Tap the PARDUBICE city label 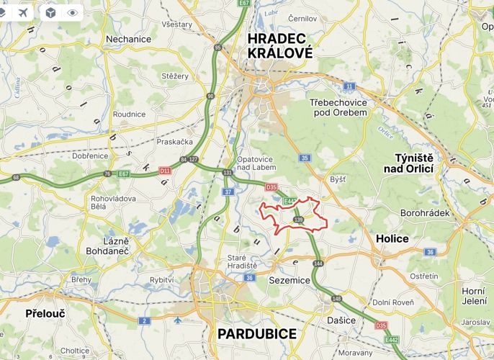(x=256, y=333)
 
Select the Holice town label (x=392, y=238)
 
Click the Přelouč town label (x=45, y=313)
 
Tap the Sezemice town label (x=289, y=279)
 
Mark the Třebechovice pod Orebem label (x=338, y=107)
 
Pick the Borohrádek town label (x=425, y=213)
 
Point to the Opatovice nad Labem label (x=257, y=162)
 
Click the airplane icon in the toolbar (x=24, y=13)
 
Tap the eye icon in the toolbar (x=72, y=13)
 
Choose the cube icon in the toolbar (x=50, y=13)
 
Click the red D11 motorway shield (x=165, y=171)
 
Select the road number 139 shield (x=299, y=219)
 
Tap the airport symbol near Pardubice (x=178, y=319)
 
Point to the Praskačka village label (x=175, y=142)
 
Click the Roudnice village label (x=129, y=114)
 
